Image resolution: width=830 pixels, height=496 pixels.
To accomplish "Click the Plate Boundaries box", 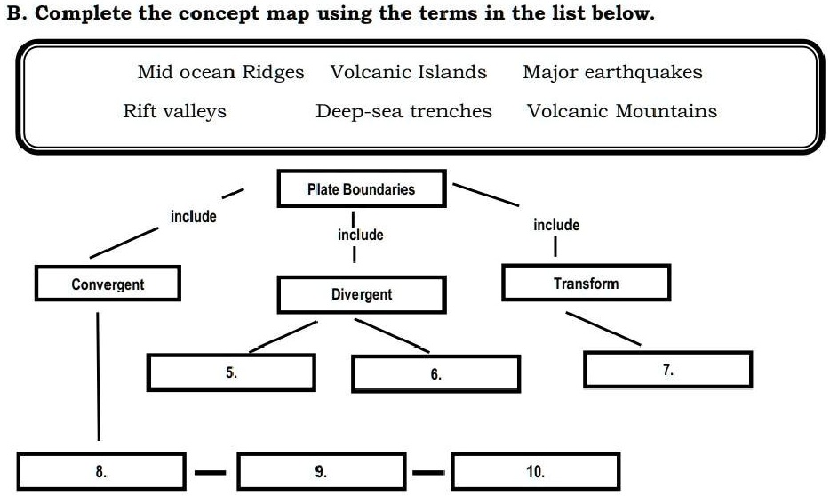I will tap(361, 189).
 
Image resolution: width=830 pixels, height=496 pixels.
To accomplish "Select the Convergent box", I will tap(108, 284).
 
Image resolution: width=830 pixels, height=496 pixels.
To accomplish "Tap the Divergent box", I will tap(361, 294).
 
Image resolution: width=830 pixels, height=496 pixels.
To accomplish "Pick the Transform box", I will tap(586, 283).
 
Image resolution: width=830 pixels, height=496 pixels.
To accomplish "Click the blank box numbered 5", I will tap(231, 372).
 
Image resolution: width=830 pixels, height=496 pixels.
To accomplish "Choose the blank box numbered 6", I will tap(435, 373).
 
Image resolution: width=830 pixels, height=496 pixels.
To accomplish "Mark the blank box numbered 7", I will tap(667, 369).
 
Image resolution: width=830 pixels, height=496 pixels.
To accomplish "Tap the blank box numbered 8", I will tap(101, 471).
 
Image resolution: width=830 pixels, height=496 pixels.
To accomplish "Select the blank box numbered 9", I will tap(321, 471).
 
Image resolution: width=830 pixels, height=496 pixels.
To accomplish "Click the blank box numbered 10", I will tap(535, 471).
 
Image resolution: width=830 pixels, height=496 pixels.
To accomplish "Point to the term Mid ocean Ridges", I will tap(220, 73).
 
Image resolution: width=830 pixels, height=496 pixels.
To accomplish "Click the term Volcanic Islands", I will tap(409, 73).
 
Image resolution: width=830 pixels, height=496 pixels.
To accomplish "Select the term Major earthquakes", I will tap(612, 73).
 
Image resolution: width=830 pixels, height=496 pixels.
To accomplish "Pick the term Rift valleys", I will tap(174, 112).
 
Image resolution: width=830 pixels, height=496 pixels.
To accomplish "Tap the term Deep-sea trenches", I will tap(403, 112).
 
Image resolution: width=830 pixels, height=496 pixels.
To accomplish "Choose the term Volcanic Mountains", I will tap(622, 112).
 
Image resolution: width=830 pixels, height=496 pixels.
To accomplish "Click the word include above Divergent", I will tap(361, 235).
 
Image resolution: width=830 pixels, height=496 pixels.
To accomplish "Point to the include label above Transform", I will tap(556, 225).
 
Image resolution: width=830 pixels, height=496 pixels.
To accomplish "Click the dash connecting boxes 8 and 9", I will tap(211, 472).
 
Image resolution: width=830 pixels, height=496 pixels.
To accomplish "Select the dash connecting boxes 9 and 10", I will tap(429, 472).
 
